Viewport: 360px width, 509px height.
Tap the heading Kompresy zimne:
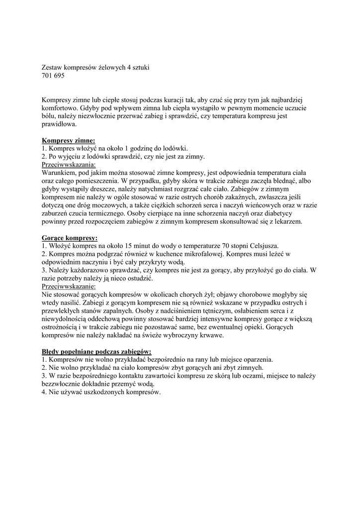pyautogui.click(x=69, y=141)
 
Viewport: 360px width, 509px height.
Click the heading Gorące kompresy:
pyautogui.click(x=70, y=238)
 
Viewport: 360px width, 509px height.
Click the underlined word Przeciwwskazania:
pyautogui.click(x=69, y=165)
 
